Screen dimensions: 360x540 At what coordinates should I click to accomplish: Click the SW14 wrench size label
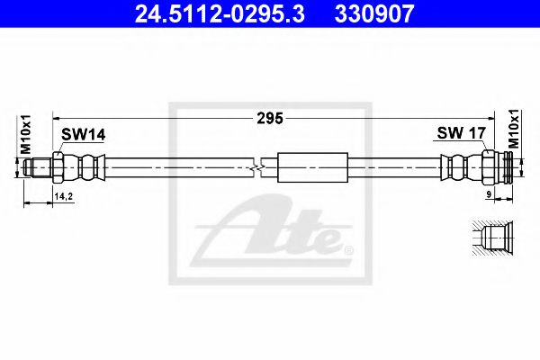(83, 134)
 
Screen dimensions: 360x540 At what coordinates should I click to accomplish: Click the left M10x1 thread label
(27, 134)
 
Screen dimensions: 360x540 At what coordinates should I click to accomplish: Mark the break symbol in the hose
(259, 167)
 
